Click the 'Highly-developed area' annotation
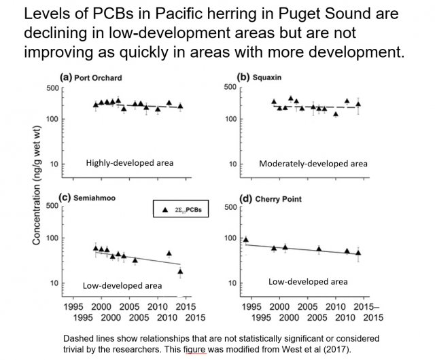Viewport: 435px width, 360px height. (x=129, y=163)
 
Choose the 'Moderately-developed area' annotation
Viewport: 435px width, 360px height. (x=313, y=164)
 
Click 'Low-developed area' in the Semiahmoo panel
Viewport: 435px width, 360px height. (x=122, y=285)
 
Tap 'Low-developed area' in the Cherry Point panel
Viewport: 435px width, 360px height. (x=308, y=281)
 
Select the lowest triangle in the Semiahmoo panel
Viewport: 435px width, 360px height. (x=180, y=271)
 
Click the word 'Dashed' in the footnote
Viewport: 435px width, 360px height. (x=80, y=338)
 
